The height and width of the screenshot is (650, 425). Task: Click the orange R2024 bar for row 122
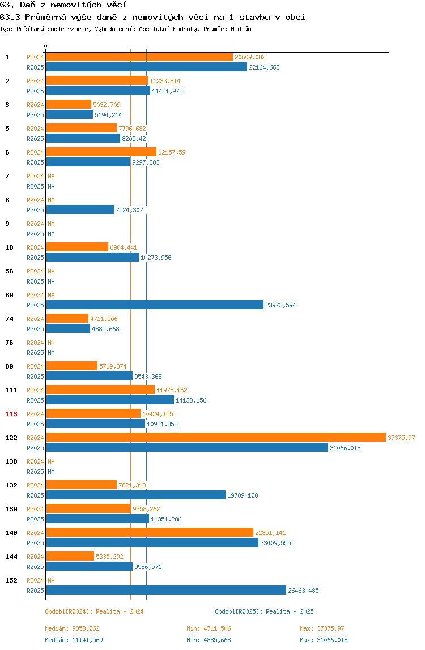click(x=216, y=437)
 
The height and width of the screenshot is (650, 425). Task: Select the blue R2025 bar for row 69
click(x=155, y=305)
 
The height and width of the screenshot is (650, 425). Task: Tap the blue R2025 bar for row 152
click(x=166, y=591)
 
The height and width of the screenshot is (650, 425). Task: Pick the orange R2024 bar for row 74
click(x=67, y=318)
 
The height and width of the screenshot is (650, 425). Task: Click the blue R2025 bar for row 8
click(x=80, y=209)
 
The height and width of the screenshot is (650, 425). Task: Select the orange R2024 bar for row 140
click(x=150, y=533)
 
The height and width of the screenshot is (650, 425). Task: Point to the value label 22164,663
click(x=265, y=67)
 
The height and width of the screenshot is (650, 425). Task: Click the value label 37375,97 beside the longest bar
click(x=401, y=438)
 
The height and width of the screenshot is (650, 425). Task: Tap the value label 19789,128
click(x=243, y=495)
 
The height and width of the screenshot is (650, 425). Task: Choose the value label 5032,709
click(x=107, y=105)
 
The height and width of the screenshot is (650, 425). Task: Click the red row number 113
click(x=11, y=414)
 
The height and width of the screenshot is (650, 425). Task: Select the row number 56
click(x=9, y=271)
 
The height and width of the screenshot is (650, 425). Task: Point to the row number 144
click(x=11, y=557)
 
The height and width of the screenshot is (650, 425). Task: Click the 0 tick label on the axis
click(x=46, y=46)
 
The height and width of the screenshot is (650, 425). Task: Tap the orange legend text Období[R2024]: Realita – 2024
click(x=94, y=611)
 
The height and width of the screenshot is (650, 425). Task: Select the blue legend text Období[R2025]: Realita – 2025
click(x=265, y=611)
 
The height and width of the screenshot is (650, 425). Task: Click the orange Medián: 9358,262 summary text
click(x=72, y=628)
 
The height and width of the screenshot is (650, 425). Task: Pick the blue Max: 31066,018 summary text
click(x=324, y=640)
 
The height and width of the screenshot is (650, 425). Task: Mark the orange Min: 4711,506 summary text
click(x=209, y=628)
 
